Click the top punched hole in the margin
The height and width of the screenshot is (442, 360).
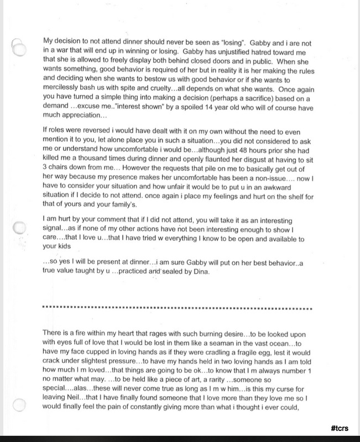(x=18, y=46)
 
